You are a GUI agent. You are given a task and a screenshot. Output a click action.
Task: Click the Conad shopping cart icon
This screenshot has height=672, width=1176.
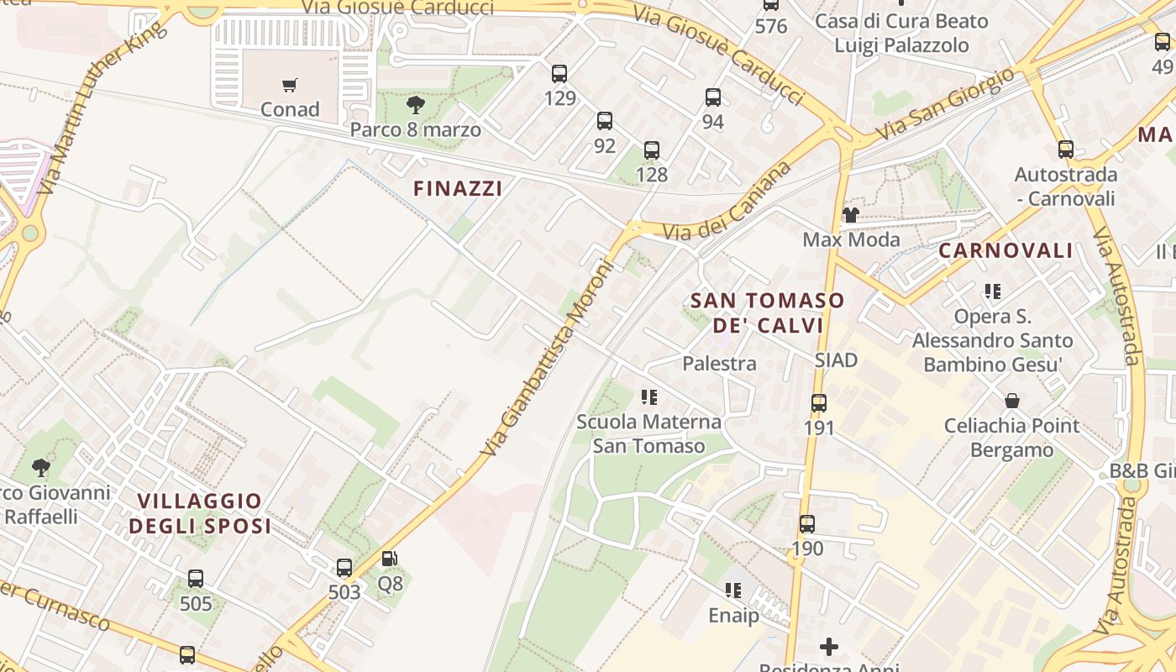290,85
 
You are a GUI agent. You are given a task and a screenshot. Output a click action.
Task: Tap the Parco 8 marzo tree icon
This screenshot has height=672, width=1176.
415,105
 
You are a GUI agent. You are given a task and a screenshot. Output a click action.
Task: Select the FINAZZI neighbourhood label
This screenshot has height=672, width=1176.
458,189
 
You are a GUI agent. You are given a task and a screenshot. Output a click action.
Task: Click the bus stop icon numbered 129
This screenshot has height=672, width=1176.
559,74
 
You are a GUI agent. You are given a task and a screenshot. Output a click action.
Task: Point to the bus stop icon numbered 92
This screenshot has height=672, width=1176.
605,121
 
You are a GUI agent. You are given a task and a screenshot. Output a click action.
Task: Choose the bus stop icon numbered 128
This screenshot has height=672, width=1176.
652,150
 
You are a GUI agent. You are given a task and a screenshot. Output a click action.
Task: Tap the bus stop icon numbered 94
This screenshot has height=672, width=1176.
713,97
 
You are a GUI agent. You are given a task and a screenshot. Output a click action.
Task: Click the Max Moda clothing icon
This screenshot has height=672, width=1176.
851,215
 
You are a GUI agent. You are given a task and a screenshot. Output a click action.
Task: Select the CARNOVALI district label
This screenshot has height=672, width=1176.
1005,250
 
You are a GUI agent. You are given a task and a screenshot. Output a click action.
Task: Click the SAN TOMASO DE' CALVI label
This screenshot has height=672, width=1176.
767,312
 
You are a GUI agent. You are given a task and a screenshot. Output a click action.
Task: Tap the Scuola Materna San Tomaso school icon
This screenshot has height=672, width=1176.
648,396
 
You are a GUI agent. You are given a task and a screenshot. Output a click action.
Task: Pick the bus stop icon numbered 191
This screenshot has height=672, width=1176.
819,403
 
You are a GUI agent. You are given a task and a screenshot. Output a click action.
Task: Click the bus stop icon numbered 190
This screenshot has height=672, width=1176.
807,524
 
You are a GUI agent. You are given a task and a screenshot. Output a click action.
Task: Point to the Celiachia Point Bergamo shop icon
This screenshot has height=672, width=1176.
1012,401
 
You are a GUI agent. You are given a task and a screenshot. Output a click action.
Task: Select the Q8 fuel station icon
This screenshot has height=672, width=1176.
390,559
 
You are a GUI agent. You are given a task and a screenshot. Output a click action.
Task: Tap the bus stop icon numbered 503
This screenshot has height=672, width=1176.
344,568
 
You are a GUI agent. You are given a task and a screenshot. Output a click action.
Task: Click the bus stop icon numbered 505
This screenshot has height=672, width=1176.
196,579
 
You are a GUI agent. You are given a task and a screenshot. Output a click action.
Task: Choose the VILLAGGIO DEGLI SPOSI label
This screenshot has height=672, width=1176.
204,513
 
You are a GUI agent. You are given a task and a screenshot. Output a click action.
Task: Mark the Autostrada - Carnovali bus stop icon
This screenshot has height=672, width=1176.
1066,150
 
